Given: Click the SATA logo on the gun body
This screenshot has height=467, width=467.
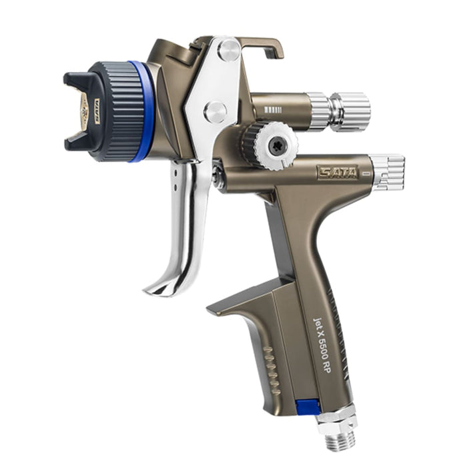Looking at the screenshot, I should coord(337,172).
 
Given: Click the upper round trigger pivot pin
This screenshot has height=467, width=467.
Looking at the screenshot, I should coord(228,51).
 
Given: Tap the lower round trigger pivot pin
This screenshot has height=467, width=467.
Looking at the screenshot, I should coord(215,111).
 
